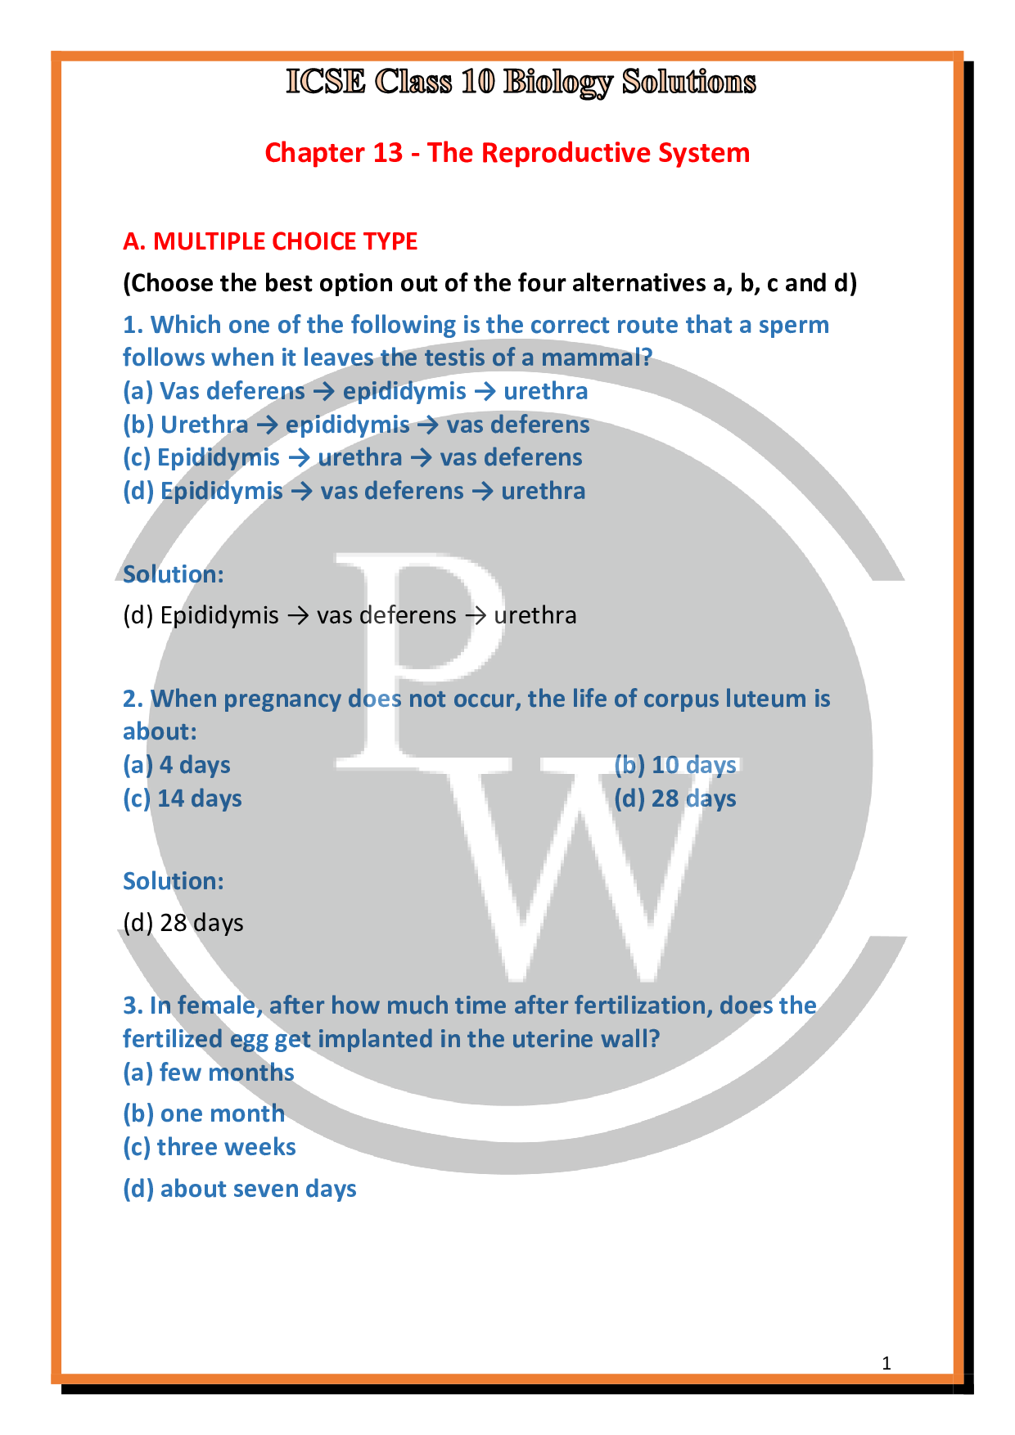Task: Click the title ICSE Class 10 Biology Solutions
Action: (x=521, y=82)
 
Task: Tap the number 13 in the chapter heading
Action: (x=388, y=153)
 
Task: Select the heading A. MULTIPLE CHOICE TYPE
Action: (x=270, y=241)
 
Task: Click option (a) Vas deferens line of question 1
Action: (x=354, y=391)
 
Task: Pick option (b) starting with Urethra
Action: (x=355, y=425)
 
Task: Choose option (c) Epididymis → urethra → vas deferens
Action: (x=352, y=457)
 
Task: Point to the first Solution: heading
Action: (x=173, y=574)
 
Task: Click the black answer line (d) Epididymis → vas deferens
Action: (x=350, y=615)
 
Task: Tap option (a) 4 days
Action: (x=177, y=765)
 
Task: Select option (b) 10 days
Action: (x=675, y=765)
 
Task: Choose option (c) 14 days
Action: (x=182, y=798)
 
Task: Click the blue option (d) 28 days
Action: (x=675, y=798)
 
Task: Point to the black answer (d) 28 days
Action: (x=183, y=923)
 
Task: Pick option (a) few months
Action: (x=209, y=1073)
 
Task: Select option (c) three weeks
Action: (x=210, y=1147)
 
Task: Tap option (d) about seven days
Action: (x=239, y=1189)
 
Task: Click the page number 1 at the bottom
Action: (x=886, y=1363)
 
